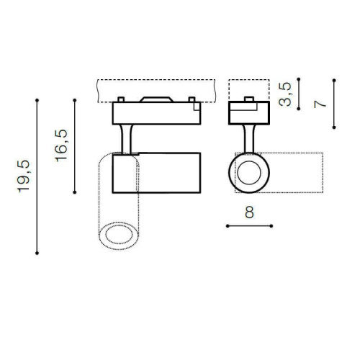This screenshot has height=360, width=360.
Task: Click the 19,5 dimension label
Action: click(x=24, y=176)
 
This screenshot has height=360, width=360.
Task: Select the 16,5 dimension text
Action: click(x=61, y=145)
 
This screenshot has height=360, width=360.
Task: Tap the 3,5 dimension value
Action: click(x=285, y=94)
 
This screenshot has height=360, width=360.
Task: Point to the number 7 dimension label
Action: click(x=320, y=104)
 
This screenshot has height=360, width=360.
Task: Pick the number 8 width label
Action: click(x=249, y=212)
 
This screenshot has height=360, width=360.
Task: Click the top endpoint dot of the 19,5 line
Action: click(x=37, y=100)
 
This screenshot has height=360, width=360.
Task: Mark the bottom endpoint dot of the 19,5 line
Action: click(x=37, y=253)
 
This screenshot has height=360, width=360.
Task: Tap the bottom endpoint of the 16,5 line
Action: click(x=75, y=192)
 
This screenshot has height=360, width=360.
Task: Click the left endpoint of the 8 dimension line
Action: click(x=228, y=226)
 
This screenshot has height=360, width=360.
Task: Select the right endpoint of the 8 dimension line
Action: click(x=271, y=226)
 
